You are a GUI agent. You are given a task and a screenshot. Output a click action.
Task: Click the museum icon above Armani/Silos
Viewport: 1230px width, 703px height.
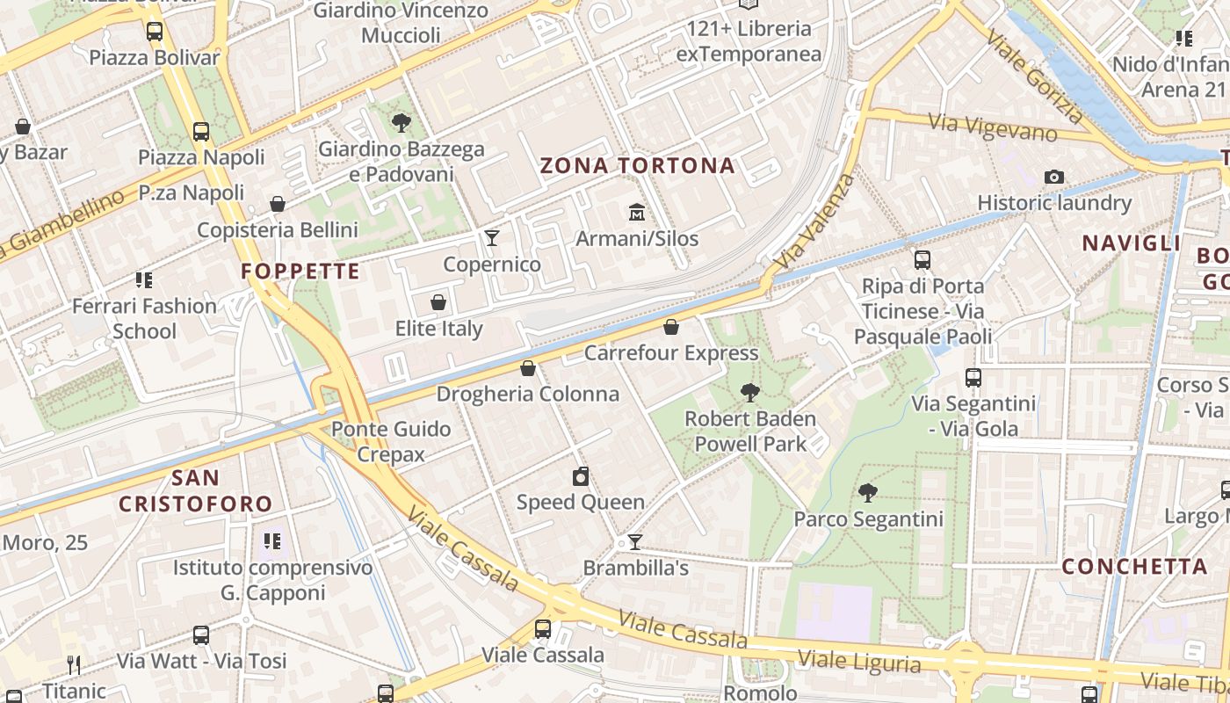click(x=636, y=213)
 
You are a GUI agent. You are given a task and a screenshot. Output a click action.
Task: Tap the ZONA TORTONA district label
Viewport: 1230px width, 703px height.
click(x=637, y=165)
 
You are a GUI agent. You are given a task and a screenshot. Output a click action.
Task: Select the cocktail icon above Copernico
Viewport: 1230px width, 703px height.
click(x=492, y=238)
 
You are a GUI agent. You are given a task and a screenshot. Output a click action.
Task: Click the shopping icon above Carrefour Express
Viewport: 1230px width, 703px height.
click(x=671, y=327)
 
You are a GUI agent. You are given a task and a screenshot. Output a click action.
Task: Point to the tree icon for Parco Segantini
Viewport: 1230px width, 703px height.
click(x=868, y=493)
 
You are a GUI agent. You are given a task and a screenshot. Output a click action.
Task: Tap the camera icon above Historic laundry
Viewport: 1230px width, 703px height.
click(x=1054, y=177)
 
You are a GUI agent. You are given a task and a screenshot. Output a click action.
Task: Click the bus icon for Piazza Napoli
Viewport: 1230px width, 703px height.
click(x=201, y=132)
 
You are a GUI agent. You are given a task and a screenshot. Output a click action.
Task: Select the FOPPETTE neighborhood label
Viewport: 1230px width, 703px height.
click(x=300, y=271)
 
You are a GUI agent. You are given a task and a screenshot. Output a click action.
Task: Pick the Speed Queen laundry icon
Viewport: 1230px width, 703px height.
click(x=580, y=476)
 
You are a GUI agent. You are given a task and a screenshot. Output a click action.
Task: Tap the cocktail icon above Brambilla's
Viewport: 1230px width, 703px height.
click(x=635, y=542)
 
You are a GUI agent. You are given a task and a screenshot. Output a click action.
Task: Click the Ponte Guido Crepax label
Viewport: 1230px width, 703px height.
click(x=391, y=441)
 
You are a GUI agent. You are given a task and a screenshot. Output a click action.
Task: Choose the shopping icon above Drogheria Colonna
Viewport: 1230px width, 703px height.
click(x=528, y=367)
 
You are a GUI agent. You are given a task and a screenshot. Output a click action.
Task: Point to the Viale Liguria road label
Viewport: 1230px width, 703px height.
click(x=859, y=660)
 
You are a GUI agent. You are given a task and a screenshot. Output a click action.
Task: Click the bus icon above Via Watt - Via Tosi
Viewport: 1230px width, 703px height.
click(x=201, y=634)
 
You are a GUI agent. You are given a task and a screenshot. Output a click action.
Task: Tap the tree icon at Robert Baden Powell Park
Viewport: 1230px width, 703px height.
click(x=749, y=392)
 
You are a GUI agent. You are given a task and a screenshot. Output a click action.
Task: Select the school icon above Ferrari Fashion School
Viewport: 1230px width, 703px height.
click(x=144, y=280)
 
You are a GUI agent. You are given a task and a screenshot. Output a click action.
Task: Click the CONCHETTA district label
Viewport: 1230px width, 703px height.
click(x=1134, y=566)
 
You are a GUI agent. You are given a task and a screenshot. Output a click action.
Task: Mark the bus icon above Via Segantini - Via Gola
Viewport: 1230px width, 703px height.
click(x=973, y=378)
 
